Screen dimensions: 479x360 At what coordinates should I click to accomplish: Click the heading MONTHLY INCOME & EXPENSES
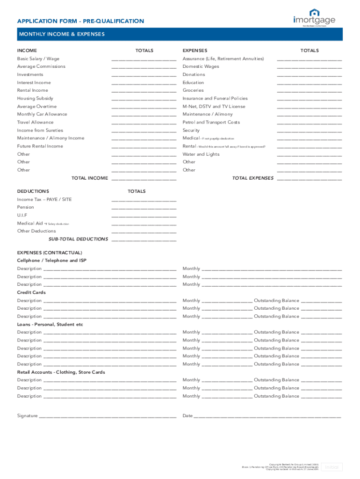click(61, 34)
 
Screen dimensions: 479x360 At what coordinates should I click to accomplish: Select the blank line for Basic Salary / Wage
click(144, 59)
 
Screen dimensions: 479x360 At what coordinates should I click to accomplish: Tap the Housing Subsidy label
click(35, 99)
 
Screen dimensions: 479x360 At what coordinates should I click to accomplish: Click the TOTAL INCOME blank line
click(144, 179)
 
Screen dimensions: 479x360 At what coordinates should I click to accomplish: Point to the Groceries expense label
click(193, 90)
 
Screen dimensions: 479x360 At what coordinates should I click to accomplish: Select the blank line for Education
click(309, 83)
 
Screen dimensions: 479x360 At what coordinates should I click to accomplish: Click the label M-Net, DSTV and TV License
click(214, 107)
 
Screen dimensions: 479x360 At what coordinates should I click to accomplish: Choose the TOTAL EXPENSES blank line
click(309, 179)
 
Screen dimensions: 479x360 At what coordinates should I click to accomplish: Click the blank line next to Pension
click(144, 208)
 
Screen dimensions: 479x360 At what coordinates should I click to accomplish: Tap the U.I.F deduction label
click(22, 215)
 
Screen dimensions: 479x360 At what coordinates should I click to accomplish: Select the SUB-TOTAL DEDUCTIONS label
click(78, 239)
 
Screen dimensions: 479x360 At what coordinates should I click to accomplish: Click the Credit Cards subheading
click(31, 292)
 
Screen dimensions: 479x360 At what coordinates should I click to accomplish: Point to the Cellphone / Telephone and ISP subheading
click(51, 261)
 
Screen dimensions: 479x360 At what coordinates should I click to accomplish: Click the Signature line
click(108, 416)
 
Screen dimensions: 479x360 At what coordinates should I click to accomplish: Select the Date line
click(267, 416)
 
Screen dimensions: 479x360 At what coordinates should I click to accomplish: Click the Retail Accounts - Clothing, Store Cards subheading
click(61, 372)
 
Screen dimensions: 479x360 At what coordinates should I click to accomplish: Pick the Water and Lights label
click(201, 154)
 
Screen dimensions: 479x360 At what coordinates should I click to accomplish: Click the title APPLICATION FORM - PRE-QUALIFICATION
click(80, 21)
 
